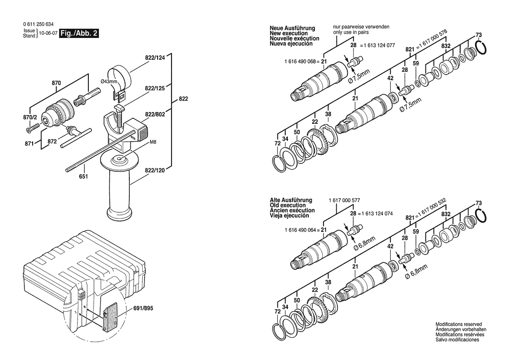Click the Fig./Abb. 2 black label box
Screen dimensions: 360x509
click(79, 33)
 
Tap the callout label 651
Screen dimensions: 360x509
click(83, 177)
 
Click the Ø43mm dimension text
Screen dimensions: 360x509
click(109, 82)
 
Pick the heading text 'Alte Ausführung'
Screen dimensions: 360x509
click(291, 200)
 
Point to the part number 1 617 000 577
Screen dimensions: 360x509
click(344, 200)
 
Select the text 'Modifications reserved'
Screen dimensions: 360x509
click(458, 324)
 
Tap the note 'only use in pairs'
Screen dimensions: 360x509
click(355, 32)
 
